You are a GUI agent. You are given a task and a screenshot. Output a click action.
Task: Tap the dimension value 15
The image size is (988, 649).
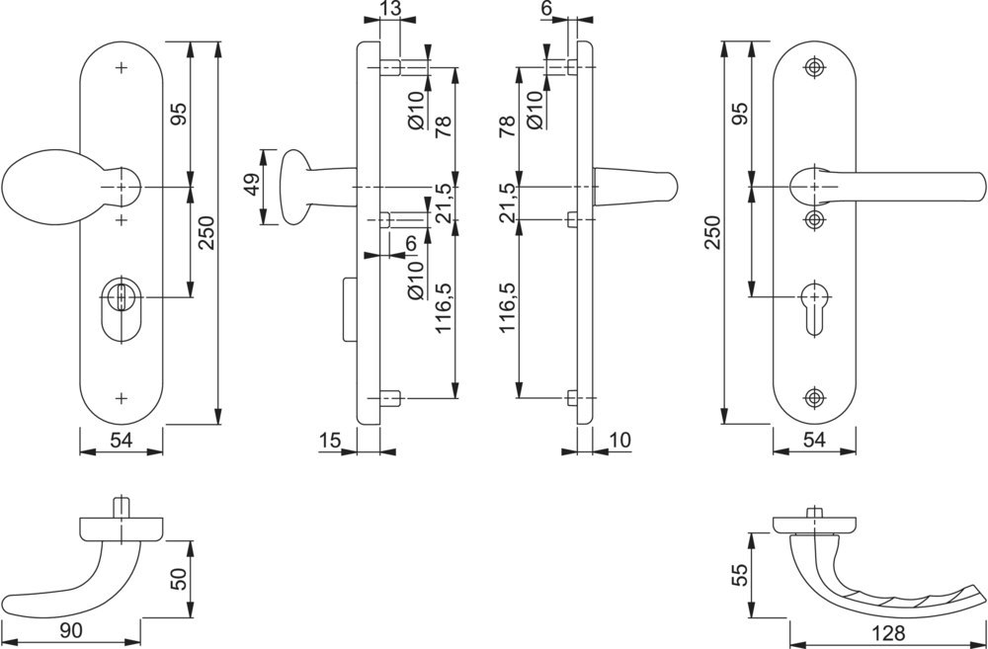point(331,438)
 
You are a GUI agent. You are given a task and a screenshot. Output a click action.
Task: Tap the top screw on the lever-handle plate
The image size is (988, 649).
point(814,67)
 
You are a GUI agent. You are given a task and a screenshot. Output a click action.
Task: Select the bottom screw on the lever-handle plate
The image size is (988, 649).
point(814,398)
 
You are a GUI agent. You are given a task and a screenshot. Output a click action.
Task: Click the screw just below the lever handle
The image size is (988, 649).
point(814,218)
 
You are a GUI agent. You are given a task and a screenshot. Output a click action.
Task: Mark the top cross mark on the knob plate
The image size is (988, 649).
point(122,68)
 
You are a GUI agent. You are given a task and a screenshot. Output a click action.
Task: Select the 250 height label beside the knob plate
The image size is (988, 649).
point(206,233)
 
